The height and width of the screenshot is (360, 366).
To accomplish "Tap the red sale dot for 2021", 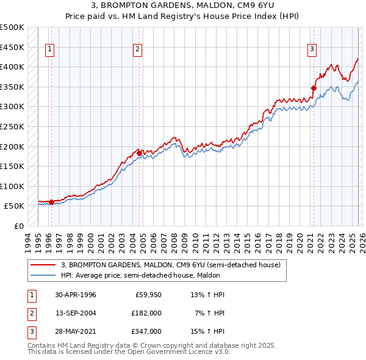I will pyautogui.click(x=314, y=88).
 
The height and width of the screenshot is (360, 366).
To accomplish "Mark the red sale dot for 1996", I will pyautogui.click(x=51, y=202).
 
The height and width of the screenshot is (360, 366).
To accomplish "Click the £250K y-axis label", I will pyautogui.click(x=12, y=126).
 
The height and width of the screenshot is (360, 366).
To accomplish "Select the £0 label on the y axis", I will pyautogui.click(x=18, y=226).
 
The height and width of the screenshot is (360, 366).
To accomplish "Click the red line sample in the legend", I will pyautogui.click(x=43, y=265).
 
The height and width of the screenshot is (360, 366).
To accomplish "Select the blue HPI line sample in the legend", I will pyautogui.click(x=43, y=275).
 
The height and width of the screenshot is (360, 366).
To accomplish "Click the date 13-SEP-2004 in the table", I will pyautogui.click(x=75, y=312).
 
